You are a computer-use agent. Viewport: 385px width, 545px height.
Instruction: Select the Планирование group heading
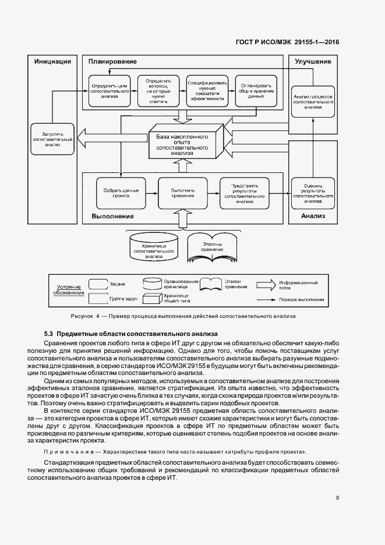click(x=112, y=61)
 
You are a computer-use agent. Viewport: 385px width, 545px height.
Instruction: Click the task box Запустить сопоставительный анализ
click(x=52, y=138)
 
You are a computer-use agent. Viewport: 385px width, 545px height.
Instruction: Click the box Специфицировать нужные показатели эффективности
click(x=206, y=91)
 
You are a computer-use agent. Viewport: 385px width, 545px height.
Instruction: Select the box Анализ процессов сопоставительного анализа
click(x=313, y=99)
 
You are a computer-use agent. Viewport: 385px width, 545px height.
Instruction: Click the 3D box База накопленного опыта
click(x=182, y=144)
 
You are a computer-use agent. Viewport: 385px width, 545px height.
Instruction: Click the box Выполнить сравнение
click(x=182, y=193)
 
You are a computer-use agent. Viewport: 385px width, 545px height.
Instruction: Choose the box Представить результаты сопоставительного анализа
click(x=244, y=193)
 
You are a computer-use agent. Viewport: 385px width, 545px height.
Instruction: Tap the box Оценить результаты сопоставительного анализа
click(x=313, y=193)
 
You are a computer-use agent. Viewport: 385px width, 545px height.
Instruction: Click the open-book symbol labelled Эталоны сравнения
click(x=212, y=246)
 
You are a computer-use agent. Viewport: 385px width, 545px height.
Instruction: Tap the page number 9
click(x=338, y=497)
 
